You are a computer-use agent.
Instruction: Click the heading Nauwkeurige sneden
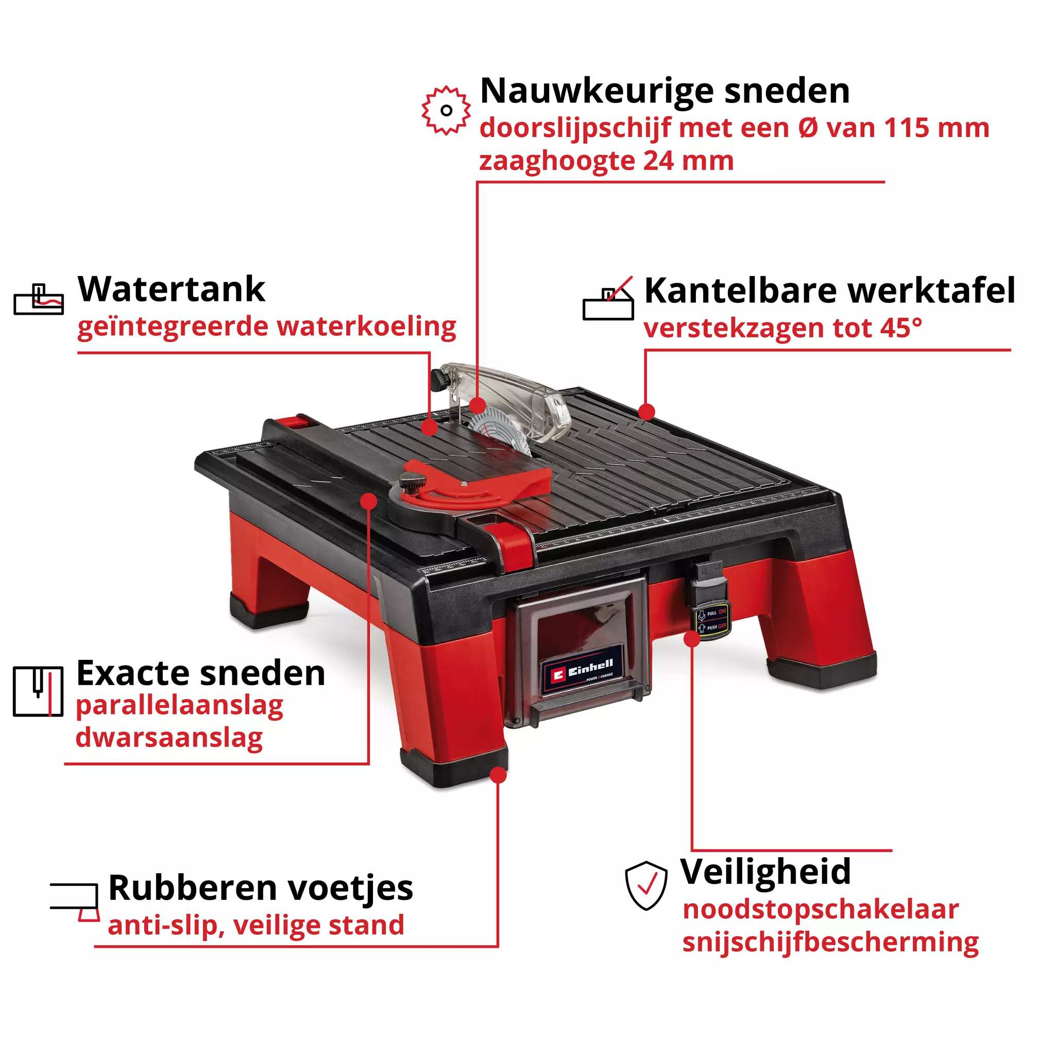tap(665, 91)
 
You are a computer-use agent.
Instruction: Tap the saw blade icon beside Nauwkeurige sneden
tap(446, 110)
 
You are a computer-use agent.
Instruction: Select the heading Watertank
tap(171, 289)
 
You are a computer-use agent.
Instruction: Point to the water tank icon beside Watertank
tap(39, 300)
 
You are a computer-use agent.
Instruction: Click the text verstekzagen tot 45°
tap(782, 328)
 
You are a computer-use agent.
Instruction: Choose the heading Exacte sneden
tap(200, 673)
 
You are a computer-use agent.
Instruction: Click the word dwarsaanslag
tap(169, 737)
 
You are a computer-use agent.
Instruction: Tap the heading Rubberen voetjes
tap(261, 888)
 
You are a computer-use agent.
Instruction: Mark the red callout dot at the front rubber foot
tap(498, 775)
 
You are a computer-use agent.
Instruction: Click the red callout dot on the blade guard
tap(477, 405)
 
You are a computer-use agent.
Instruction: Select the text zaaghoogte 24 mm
tap(606, 161)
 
